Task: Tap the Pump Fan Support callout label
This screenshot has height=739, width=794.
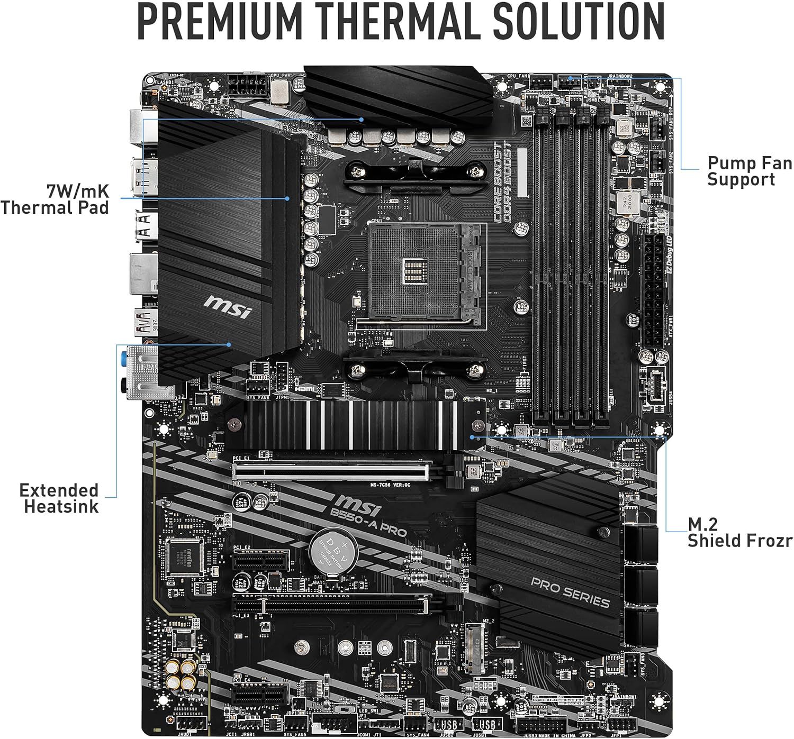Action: (749, 171)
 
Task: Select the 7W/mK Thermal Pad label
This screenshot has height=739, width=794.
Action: (55, 199)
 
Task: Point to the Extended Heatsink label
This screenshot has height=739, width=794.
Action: (59, 498)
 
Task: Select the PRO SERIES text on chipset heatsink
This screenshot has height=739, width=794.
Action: (570, 592)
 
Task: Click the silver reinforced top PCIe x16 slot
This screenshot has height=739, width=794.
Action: (332, 470)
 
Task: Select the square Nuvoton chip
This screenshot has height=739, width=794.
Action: (185, 558)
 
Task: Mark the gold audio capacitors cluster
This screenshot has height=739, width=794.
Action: (180, 676)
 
